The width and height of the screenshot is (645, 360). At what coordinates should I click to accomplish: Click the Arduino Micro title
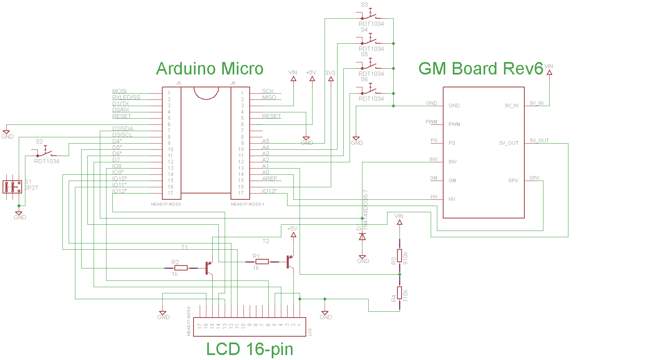(x=210, y=69)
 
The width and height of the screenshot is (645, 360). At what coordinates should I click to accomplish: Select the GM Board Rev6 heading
(x=481, y=69)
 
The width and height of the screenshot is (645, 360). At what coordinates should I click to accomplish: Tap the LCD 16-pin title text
(x=250, y=349)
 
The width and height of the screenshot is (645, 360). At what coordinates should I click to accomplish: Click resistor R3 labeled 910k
(x=399, y=256)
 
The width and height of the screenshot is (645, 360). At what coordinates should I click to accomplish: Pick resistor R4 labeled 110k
(x=399, y=293)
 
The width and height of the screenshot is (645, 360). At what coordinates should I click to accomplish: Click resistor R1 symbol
(x=262, y=262)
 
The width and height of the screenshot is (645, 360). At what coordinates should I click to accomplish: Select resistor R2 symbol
(x=181, y=268)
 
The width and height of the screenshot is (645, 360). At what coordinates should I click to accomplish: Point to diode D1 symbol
(x=362, y=236)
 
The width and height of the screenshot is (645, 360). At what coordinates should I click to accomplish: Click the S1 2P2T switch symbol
(x=12, y=187)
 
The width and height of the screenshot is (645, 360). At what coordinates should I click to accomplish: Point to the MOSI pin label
(x=119, y=92)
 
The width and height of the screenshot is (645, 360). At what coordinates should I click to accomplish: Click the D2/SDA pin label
(x=122, y=129)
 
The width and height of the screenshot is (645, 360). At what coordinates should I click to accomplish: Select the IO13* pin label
(x=269, y=191)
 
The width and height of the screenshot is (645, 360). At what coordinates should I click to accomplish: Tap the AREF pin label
(x=269, y=179)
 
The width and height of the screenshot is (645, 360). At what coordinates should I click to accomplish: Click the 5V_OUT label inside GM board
(x=509, y=143)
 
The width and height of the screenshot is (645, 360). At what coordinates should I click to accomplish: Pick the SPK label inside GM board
(x=513, y=181)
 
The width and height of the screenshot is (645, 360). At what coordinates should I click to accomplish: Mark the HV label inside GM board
(x=451, y=199)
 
